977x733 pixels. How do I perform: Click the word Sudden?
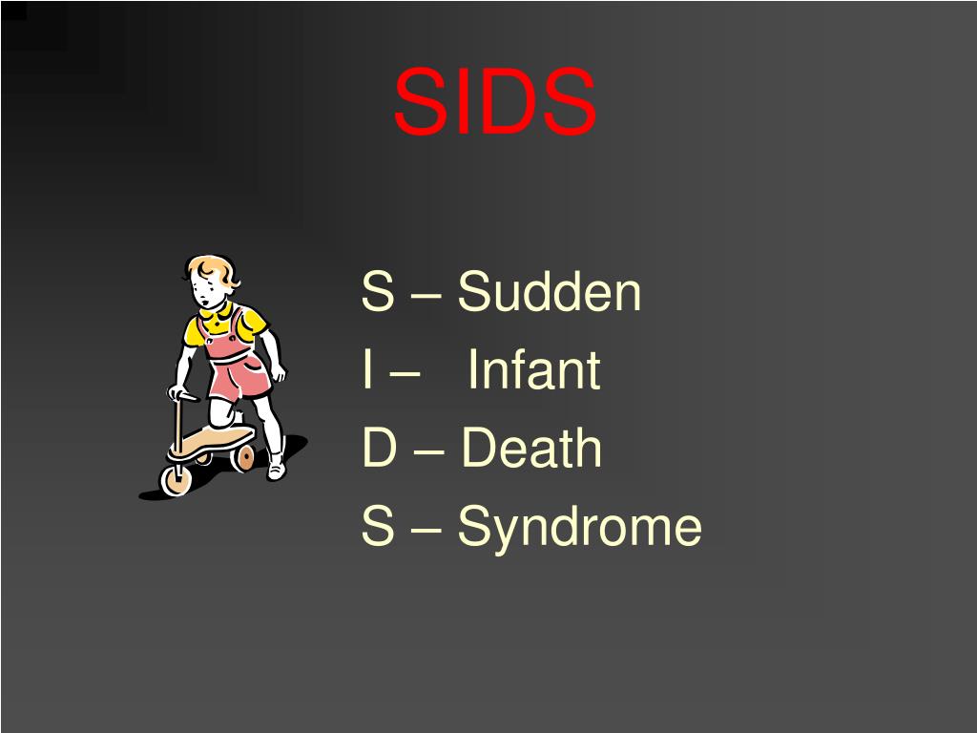[x=549, y=292]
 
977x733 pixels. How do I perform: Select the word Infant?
[x=534, y=370]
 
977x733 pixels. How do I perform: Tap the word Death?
[x=531, y=449]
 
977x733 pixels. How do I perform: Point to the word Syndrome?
[x=579, y=527]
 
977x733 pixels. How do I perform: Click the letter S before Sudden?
[x=377, y=292]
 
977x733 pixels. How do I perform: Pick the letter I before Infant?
[x=367, y=370]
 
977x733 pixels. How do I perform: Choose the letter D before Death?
[x=378, y=449]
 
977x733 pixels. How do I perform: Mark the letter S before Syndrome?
[x=377, y=527]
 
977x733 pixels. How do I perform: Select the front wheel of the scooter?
[x=177, y=479]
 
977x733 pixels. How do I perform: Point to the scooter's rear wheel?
[x=243, y=457]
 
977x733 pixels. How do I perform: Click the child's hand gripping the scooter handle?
[x=178, y=392]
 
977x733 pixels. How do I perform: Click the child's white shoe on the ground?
[x=276, y=469]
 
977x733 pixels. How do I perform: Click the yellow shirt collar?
[x=217, y=314]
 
